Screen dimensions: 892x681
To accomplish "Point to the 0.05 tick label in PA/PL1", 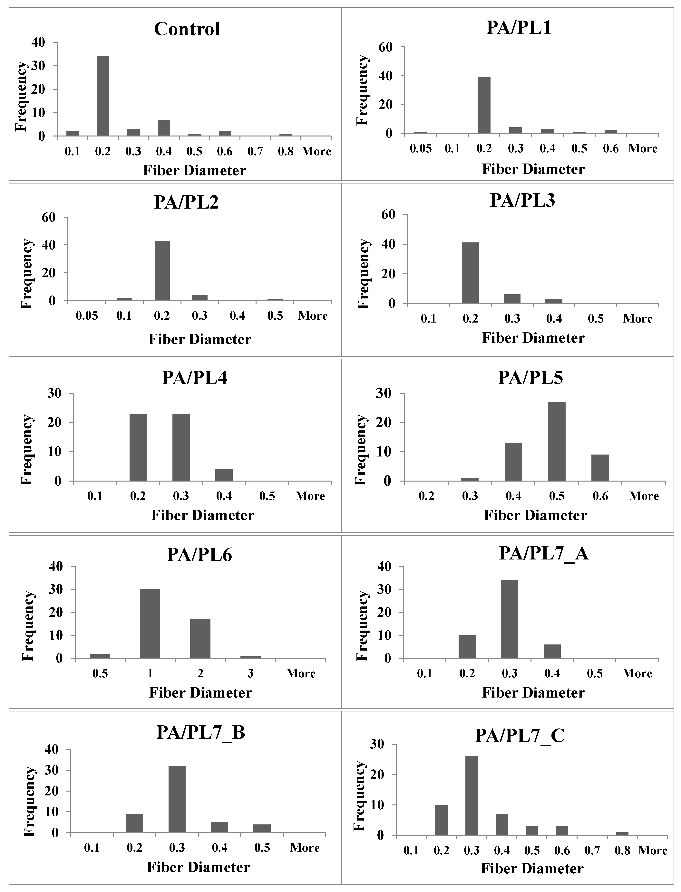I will (421, 149).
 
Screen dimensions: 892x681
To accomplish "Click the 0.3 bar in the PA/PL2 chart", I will (200, 297).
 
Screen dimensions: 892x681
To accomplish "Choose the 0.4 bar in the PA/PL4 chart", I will (224, 475).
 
